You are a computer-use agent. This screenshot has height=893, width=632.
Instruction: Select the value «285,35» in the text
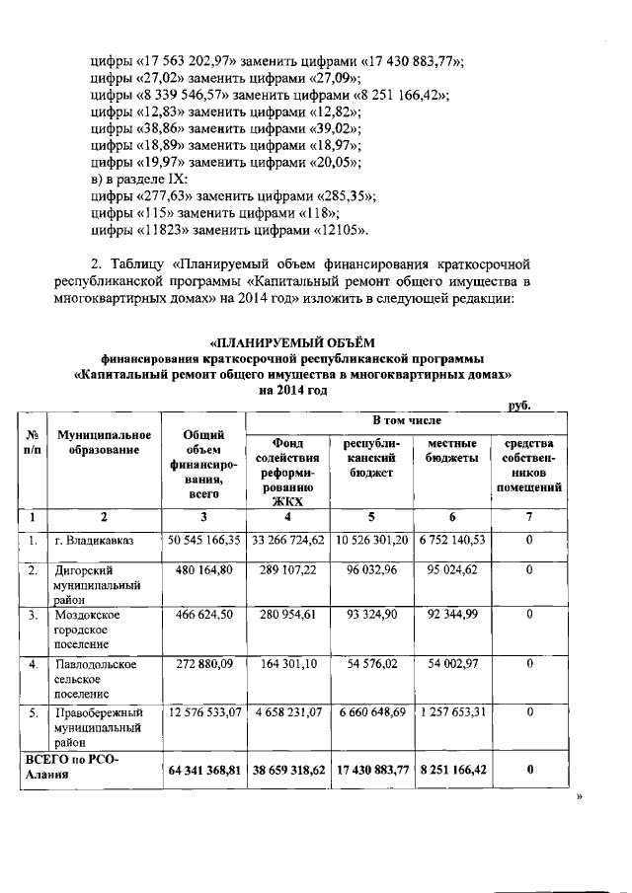tap(347, 196)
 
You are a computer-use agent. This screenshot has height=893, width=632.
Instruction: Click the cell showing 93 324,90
tap(371, 615)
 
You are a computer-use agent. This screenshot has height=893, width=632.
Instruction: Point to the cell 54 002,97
tap(452, 664)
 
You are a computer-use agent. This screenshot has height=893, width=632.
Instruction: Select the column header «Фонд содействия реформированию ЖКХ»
tap(285, 472)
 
